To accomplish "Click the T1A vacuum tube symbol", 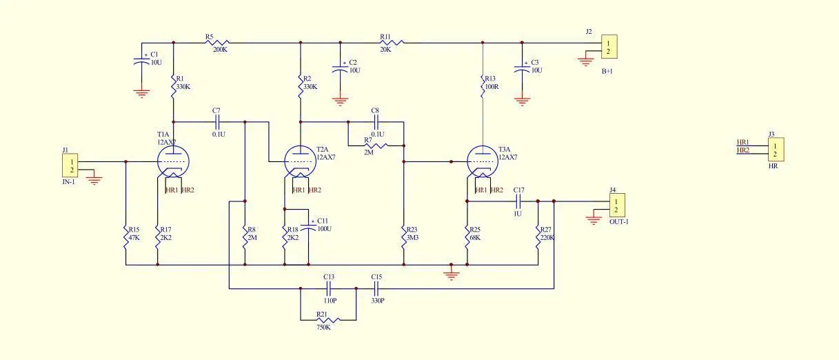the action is [173, 161].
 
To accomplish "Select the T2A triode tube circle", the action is [301, 161].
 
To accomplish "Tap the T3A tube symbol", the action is [483, 161].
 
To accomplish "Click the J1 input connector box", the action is [70, 166].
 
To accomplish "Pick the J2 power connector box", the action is [609, 46].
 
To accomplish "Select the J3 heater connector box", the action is [776, 150].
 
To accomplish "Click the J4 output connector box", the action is [617, 205].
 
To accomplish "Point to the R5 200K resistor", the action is [217, 43].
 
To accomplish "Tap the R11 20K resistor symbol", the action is [392, 43].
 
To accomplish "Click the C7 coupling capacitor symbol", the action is [217, 122].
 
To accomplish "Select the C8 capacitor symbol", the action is [376, 122].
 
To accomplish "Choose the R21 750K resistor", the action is [328, 320].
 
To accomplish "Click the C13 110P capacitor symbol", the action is [328, 288].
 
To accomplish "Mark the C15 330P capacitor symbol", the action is [376, 288].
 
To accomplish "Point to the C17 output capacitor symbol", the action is [518, 201].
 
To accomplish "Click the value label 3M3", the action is [412, 237].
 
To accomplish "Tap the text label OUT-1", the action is [619, 222].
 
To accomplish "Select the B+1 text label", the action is [607, 71].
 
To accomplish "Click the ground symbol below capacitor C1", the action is [141, 93].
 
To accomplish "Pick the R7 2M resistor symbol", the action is [376, 146].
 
